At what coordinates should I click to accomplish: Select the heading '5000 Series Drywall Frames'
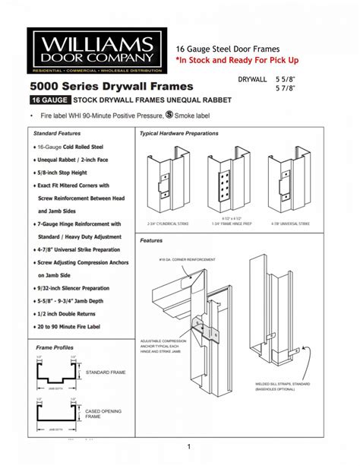pos(111,86)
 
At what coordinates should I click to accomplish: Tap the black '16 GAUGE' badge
pos(49,100)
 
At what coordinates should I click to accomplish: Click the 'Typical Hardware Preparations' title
pos(179,134)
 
